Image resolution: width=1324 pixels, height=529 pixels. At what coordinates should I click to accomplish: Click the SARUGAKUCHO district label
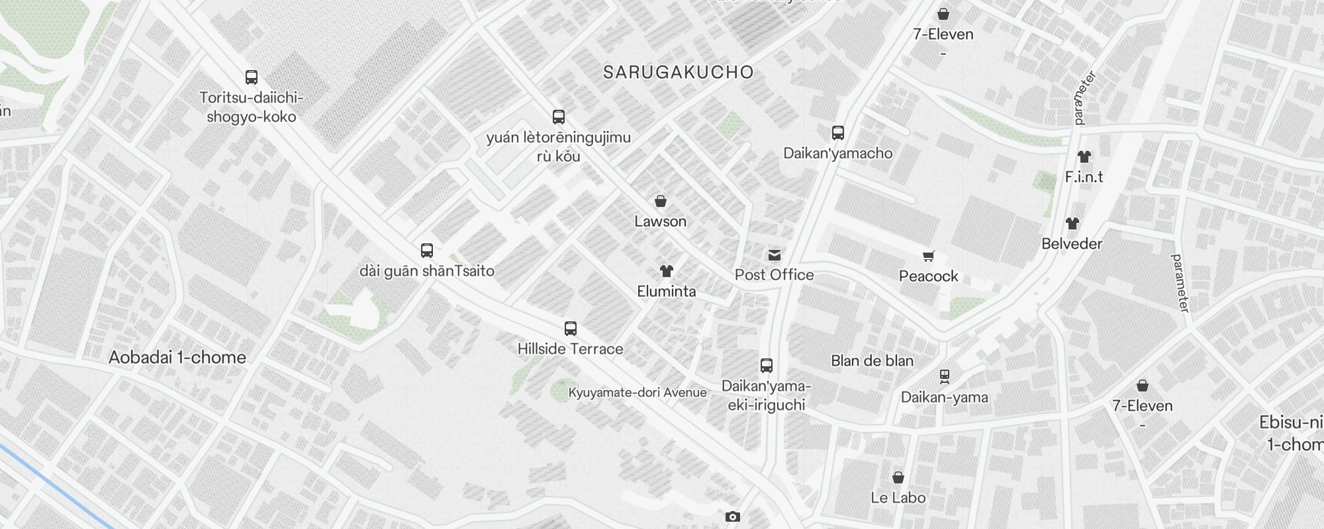pos(679,73)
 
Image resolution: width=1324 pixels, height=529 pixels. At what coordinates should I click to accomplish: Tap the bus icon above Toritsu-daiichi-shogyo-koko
pos(252,77)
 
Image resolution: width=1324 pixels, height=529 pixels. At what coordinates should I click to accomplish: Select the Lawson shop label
pos(660,222)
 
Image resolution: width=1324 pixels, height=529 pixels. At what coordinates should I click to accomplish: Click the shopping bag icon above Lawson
pos(660,201)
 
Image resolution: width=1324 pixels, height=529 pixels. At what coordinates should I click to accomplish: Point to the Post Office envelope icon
pos(774,255)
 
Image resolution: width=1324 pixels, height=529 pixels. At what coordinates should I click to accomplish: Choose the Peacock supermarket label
pos(928,276)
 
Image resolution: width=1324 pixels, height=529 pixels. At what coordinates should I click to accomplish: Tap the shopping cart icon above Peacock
pos(929,256)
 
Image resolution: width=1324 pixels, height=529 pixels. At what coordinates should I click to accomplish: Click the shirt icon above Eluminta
pos(666,271)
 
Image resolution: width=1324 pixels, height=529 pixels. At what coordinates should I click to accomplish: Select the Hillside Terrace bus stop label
pos(570,349)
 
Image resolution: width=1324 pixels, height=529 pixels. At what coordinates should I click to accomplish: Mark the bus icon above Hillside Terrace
pos(570,329)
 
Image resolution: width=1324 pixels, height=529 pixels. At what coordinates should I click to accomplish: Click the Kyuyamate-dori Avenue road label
pos(637,393)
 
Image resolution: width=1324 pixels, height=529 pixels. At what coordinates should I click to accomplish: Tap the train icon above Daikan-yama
pos(945,377)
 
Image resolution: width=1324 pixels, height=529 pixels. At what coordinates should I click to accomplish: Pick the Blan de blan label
pos(872,361)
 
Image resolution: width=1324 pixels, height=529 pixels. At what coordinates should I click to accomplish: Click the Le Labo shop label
pos(898,498)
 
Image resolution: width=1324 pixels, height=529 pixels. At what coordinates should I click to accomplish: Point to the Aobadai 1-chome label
pos(177,358)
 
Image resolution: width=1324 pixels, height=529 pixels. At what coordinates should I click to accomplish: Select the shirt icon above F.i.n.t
pos(1084,157)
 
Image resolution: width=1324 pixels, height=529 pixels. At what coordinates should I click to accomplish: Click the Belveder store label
pos(1072,244)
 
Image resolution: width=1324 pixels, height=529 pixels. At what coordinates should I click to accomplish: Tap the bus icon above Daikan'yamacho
pos(838,133)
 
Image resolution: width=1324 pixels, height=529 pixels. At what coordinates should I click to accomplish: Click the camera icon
pos(732,517)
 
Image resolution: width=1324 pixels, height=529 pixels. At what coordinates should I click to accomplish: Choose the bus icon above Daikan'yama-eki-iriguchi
pos(766,366)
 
